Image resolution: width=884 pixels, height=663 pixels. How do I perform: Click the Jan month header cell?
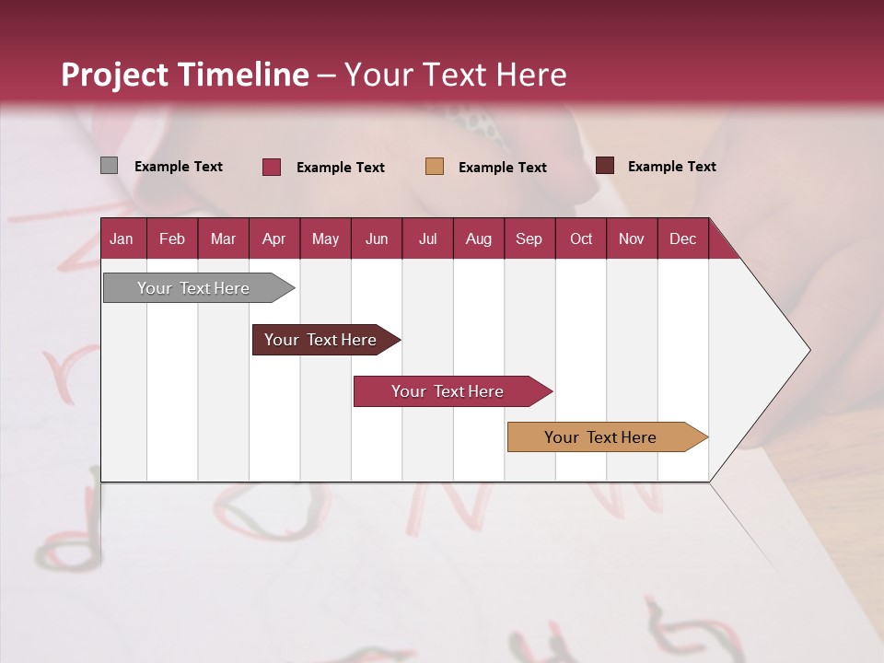tap(122, 238)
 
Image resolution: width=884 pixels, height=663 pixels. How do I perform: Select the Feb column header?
tap(172, 238)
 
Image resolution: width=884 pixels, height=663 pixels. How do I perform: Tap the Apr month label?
tap(273, 238)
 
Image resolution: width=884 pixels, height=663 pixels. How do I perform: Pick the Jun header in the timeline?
tap(377, 238)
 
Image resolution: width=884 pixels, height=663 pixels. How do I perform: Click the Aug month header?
tap(478, 238)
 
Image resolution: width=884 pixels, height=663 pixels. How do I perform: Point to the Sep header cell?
tap(529, 238)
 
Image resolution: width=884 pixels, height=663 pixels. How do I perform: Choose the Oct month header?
tap(581, 238)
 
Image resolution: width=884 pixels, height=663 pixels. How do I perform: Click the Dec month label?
tap(682, 238)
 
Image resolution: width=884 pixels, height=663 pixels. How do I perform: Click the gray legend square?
tap(109, 166)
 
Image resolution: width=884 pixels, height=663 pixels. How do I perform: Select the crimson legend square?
tap(272, 167)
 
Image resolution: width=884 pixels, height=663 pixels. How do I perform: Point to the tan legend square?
tap(435, 167)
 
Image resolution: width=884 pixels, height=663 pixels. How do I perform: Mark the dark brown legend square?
tap(605, 166)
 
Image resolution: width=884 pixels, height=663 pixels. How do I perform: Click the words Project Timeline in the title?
tap(185, 75)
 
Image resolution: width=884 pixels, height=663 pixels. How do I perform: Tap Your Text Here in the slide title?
tap(455, 75)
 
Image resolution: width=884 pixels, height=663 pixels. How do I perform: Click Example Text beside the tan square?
tap(502, 168)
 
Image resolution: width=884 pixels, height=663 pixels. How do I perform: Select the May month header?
tap(325, 238)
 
